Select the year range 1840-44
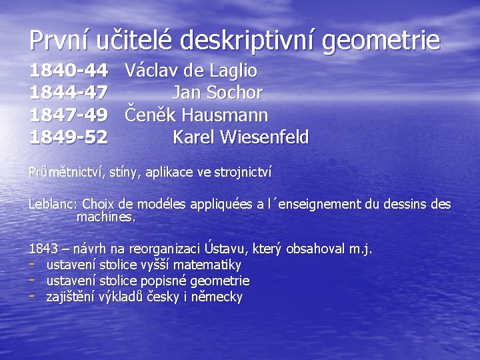(x=69, y=71)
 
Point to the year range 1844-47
(x=69, y=93)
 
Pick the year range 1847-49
(x=69, y=115)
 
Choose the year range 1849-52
(x=69, y=137)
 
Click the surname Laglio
(x=231, y=71)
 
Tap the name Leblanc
(x=52, y=204)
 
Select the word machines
(x=106, y=217)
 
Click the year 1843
(x=43, y=249)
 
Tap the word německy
(x=217, y=297)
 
